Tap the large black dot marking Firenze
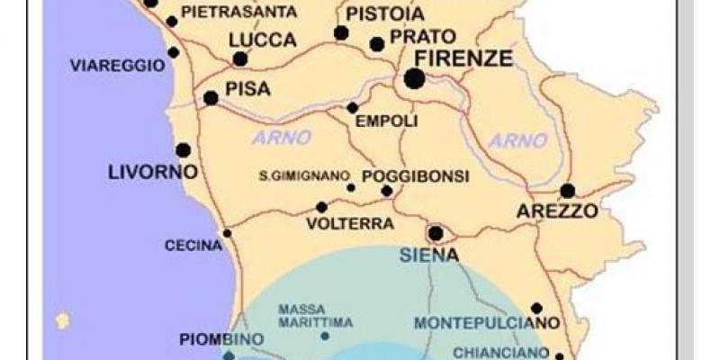[414, 79]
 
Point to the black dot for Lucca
[240, 59]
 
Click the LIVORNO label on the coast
[147, 171]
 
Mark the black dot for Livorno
[183, 150]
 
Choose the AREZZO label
[557, 212]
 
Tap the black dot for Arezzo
[567, 191]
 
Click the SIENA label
[429, 255]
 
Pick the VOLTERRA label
[337, 223]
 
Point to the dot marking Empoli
[353, 108]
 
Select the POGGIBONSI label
[415, 176]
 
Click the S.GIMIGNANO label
[303, 175]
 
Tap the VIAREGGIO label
[117, 65]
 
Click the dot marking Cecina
[227, 233]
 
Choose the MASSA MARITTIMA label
[315, 315]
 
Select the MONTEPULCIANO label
[487, 322]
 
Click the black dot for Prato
[377, 44]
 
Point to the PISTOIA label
[384, 15]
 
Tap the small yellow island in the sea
[62, 319]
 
